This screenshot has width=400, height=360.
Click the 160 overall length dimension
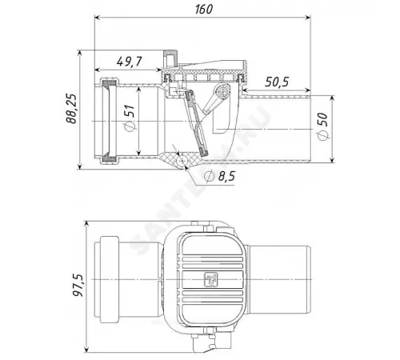pos(204,10)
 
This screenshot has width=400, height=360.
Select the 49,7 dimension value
pos(129,62)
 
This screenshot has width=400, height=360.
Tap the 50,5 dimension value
pos(277,82)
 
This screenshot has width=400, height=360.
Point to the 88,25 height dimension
pos(71,108)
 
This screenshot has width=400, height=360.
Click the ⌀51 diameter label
pos(130,118)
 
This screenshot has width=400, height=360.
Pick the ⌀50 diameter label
pos(322,126)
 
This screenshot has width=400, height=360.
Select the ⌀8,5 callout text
pos(219,176)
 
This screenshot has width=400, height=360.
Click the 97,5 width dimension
pos(78,286)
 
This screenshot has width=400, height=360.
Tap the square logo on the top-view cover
pos(211,279)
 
